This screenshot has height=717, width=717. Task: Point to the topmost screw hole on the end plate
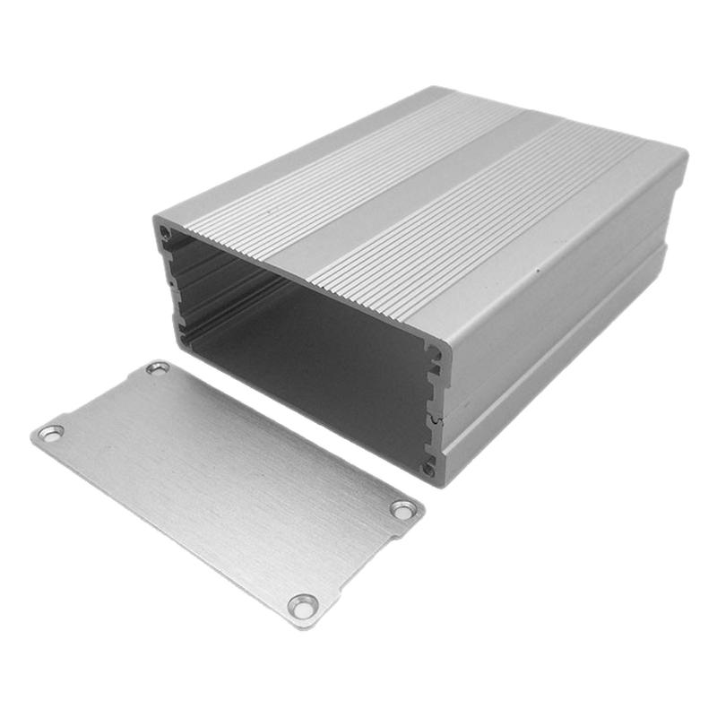click(158, 368)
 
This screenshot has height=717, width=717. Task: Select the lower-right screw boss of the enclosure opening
click(429, 467)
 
